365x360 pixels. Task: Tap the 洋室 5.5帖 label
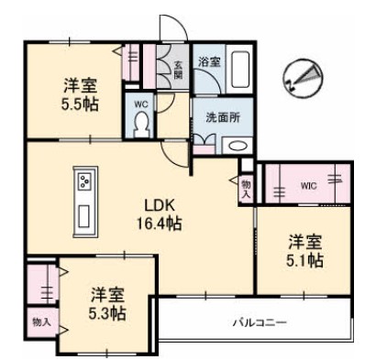(x=80, y=95)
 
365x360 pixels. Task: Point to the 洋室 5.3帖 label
(x=108, y=303)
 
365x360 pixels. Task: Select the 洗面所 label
(x=222, y=116)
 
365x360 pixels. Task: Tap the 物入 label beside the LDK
(x=246, y=189)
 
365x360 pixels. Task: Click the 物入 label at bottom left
(x=39, y=322)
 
